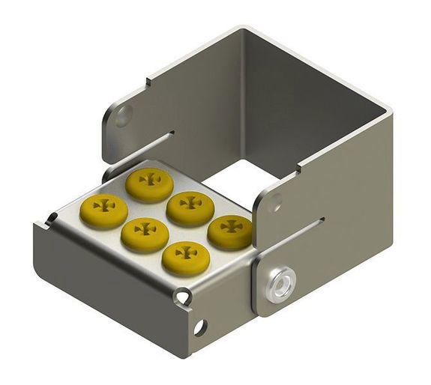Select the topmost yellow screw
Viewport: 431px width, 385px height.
tap(149, 183)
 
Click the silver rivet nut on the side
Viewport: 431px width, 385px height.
tap(281, 284)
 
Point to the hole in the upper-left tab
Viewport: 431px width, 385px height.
tap(123, 115)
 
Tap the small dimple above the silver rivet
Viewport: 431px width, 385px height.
tap(275, 201)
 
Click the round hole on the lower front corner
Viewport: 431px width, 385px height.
tap(199, 327)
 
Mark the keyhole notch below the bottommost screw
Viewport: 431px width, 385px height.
tap(182, 298)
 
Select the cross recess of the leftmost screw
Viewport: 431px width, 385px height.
tap(103, 204)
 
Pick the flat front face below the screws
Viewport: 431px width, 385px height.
tap(112, 285)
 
